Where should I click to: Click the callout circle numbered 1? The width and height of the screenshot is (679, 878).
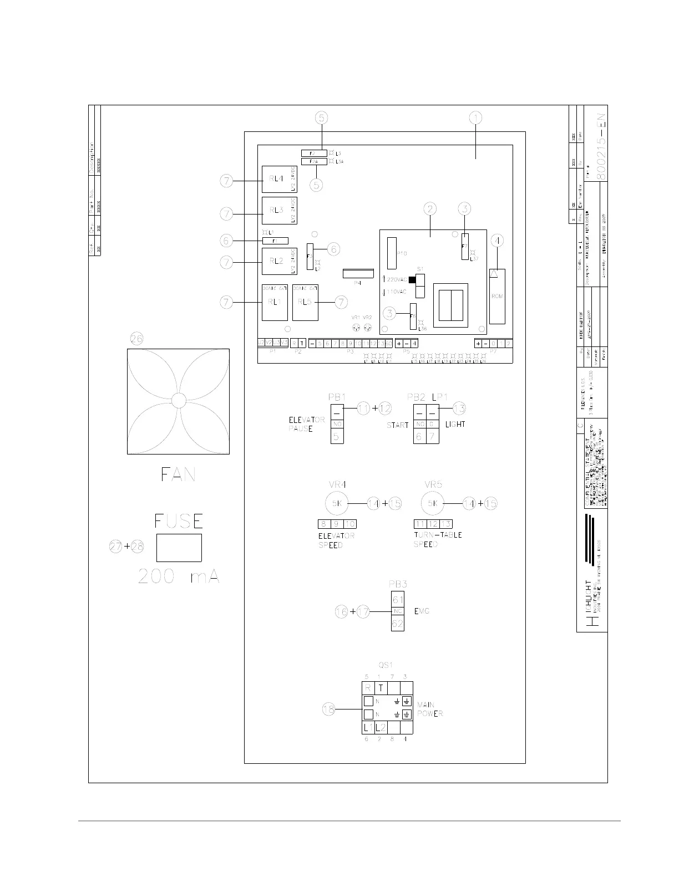click(x=475, y=118)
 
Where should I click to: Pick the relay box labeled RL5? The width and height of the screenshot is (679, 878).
click(x=305, y=302)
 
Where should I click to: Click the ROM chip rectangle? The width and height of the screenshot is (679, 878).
click(x=497, y=296)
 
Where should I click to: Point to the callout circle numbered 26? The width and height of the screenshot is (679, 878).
click(x=136, y=339)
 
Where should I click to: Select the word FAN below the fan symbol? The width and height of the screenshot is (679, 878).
click(x=178, y=474)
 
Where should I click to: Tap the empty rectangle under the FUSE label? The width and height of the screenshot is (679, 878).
click(x=179, y=548)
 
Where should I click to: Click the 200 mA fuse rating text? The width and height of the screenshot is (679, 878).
click(x=179, y=577)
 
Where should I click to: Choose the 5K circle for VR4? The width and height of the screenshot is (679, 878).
click(x=336, y=503)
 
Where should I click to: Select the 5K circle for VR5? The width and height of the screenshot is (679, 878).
click(x=433, y=503)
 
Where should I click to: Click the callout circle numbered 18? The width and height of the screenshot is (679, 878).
click(x=330, y=709)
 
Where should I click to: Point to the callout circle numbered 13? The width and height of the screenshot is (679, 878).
click(x=459, y=409)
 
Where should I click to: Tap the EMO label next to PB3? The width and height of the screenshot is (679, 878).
click(x=422, y=611)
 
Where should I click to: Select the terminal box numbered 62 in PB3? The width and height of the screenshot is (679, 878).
click(x=398, y=623)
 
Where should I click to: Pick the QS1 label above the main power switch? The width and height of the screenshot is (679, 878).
click(x=386, y=665)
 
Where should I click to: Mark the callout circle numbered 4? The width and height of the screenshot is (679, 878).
click(x=498, y=241)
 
